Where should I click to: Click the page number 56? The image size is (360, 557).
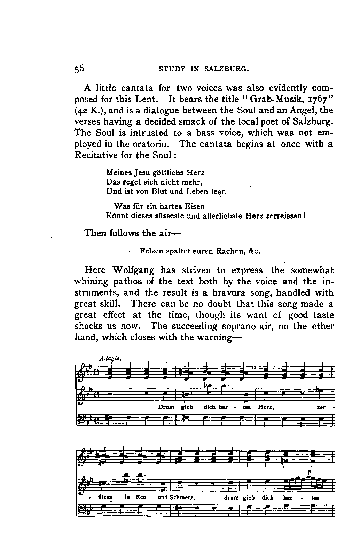[x=79, y=69]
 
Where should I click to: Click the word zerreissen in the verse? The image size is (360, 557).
[x=284, y=216]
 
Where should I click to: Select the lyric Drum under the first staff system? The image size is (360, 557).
[x=166, y=407]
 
